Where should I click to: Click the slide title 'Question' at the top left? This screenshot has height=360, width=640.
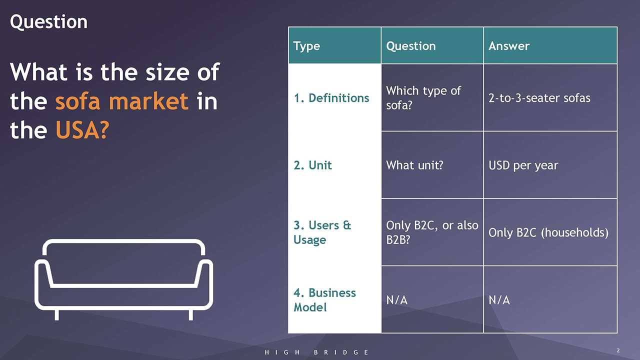[48, 22]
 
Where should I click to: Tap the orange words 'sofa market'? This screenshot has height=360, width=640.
[121, 101]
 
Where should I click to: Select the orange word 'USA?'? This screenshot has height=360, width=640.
[82, 130]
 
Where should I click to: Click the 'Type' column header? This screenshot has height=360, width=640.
[306, 46]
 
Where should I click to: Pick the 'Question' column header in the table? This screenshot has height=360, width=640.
[411, 46]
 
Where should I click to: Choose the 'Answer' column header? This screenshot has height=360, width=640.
[509, 46]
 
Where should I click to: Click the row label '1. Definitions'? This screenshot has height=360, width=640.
[331, 98]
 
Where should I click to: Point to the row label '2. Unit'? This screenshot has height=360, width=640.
[312, 165]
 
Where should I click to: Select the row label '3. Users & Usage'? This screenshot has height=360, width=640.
[322, 232]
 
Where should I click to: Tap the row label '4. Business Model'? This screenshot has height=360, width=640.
[324, 299]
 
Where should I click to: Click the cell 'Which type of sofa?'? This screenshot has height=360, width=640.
[423, 97]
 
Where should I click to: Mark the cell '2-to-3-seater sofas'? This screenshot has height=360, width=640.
[539, 98]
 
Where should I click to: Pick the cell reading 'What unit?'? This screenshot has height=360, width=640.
[414, 165]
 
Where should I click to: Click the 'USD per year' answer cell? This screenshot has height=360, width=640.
[523, 165]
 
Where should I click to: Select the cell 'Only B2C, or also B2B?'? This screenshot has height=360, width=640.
[432, 232]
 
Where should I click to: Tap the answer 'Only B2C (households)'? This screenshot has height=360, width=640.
[548, 232]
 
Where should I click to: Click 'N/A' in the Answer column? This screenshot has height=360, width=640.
[499, 300]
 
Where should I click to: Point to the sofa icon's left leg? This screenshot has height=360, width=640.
[57, 315]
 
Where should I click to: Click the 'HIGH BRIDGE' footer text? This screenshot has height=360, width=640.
[316, 352]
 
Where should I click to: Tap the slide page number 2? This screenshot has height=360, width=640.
[618, 350]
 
